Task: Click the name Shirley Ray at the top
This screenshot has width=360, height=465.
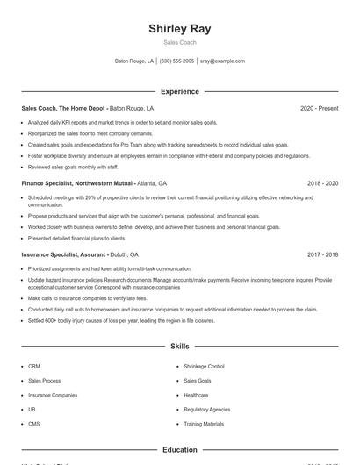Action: (180, 28)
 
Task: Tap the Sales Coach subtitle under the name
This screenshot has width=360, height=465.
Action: (180, 42)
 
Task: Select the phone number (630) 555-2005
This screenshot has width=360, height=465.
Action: (177, 61)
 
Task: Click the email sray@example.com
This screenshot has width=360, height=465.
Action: (222, 61)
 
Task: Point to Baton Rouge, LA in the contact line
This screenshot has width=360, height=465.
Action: (134, 61)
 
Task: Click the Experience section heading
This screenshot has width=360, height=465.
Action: (180, 91)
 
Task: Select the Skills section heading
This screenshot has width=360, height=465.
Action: (180, 347)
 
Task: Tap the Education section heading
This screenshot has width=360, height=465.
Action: (180, 450)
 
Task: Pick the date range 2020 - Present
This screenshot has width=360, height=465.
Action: (319, 108)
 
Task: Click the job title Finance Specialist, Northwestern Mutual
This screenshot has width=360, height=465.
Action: (77, 183)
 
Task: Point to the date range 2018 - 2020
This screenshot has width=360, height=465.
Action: (322, 183)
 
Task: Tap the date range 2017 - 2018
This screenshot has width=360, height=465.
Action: (322, 254)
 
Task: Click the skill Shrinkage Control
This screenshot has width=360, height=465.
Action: (204, 366)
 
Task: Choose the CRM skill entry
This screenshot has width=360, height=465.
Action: (34, 366)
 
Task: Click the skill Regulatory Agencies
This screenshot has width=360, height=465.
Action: (206, 409)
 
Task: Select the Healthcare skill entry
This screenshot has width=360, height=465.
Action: (196, 395)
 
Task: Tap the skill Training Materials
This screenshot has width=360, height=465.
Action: (204, 424)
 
